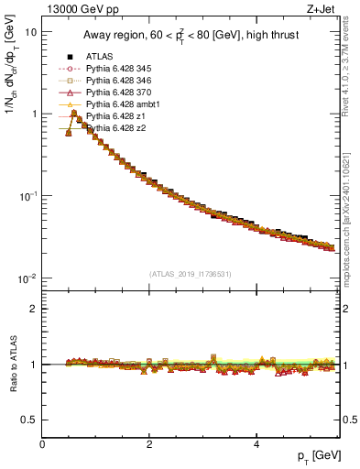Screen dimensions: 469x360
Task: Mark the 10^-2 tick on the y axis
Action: click(27, 278)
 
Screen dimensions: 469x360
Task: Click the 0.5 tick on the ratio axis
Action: click(28, 420)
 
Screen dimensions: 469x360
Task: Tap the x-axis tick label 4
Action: click(256, 443)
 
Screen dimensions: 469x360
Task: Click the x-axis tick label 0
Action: click(42, 443)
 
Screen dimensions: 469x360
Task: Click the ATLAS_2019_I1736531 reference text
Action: click(191, 274)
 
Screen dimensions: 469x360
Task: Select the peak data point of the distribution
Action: click(74, 114)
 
